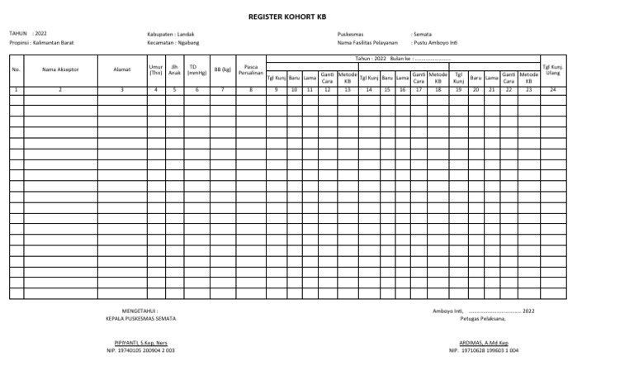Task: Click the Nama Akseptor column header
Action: click(60, 70)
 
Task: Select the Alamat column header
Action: click(121, 70)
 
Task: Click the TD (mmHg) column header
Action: click(196, 70)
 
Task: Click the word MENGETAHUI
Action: click(140, 311)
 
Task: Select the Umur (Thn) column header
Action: click(155, 70)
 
